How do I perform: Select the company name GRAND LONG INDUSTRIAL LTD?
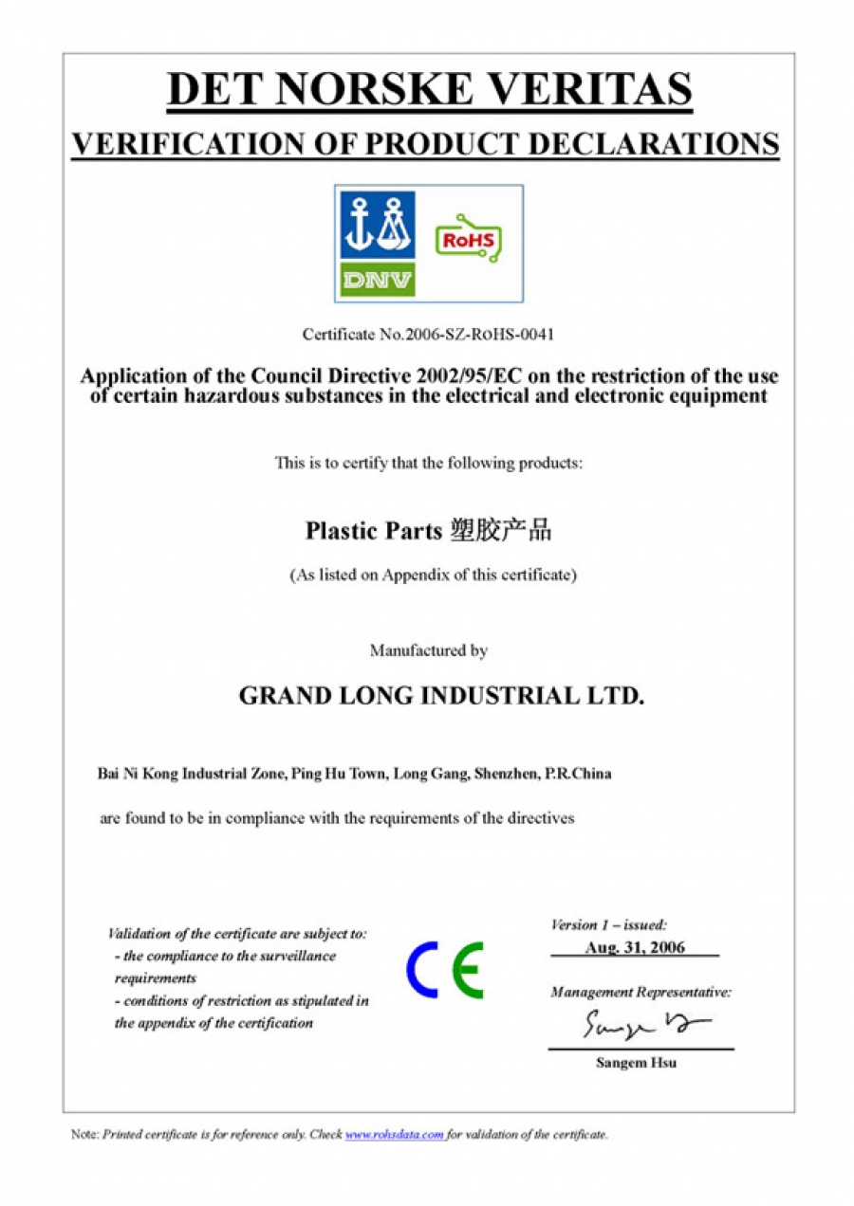click(441, 696)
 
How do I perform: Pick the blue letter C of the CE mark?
click(423, 970)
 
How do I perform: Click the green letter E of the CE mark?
click(468, 970)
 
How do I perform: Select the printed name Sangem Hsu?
click(636, 1063)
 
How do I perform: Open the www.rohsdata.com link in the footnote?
click(395, 1135)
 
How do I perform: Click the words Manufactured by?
click(428, 651)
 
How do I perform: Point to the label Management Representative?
click(640, 993)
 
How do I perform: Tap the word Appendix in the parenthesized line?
click(418, 575)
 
